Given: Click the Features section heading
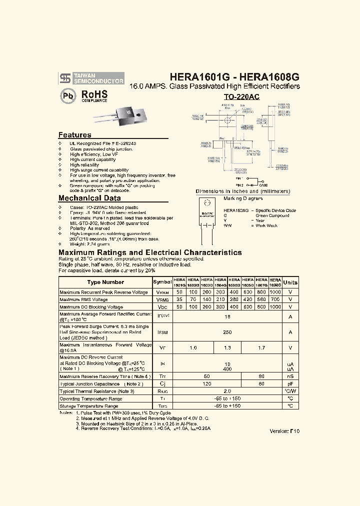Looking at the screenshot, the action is pyautogui.click(x=74, y=135).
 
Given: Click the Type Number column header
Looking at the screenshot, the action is pyautogui.click(x=105, y=282).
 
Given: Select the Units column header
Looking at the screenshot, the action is pyautogui.click(x=290, y=282).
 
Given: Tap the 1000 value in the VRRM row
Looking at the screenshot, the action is pyautogui.click(x=275, y=292).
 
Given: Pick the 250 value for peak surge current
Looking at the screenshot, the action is pyautogui.click(x=227, y=332).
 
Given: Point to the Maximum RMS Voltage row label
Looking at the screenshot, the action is pyautogui.click(x=83, y=299).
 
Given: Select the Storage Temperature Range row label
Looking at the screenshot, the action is pyautogui.click(x=88, y=406).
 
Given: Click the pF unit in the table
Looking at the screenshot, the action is pyautogui.click(x=290, y=383).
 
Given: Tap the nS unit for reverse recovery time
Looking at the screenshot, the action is pyautogui.click(x=290, y=376).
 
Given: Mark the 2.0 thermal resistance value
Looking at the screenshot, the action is pyautogui.click(x=227, y=391).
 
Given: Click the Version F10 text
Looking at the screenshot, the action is pyautogui.click(x=284, y=431).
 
